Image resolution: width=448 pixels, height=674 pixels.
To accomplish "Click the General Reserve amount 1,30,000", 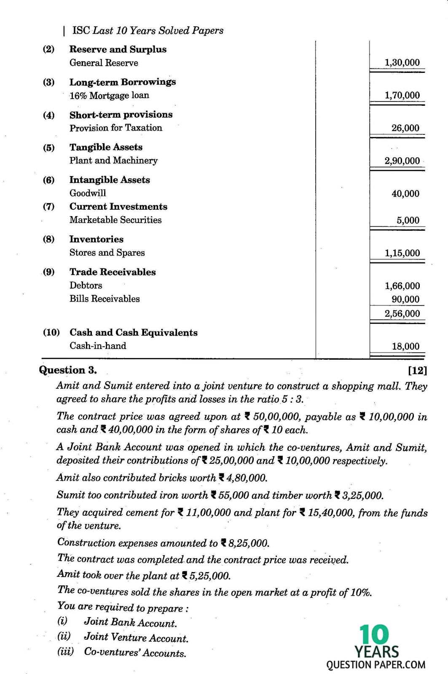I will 402,63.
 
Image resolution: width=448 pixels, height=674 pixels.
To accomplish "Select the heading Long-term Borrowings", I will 122,82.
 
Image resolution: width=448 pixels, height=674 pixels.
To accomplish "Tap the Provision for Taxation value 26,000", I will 405,128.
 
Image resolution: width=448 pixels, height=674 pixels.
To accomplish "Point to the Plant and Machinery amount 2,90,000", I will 402,161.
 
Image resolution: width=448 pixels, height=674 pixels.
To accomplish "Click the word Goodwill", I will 88,193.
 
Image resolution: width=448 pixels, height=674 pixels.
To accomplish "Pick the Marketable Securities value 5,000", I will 408,220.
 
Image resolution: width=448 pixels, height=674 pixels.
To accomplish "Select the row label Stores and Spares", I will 107,253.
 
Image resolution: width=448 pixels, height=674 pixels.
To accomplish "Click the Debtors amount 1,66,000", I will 402,286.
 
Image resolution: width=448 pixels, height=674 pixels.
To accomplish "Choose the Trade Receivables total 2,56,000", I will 402,313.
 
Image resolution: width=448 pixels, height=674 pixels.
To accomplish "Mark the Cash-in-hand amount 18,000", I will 405,346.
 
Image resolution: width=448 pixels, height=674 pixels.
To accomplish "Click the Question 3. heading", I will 67,370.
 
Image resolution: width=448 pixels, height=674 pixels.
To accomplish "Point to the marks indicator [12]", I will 417,371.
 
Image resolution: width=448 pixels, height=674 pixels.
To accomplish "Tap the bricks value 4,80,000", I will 247,478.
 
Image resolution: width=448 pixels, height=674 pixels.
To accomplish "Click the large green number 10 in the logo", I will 374,636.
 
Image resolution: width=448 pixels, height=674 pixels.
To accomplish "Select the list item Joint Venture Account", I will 136,638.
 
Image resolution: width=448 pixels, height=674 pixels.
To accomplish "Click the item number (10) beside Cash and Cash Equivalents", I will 51,332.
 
